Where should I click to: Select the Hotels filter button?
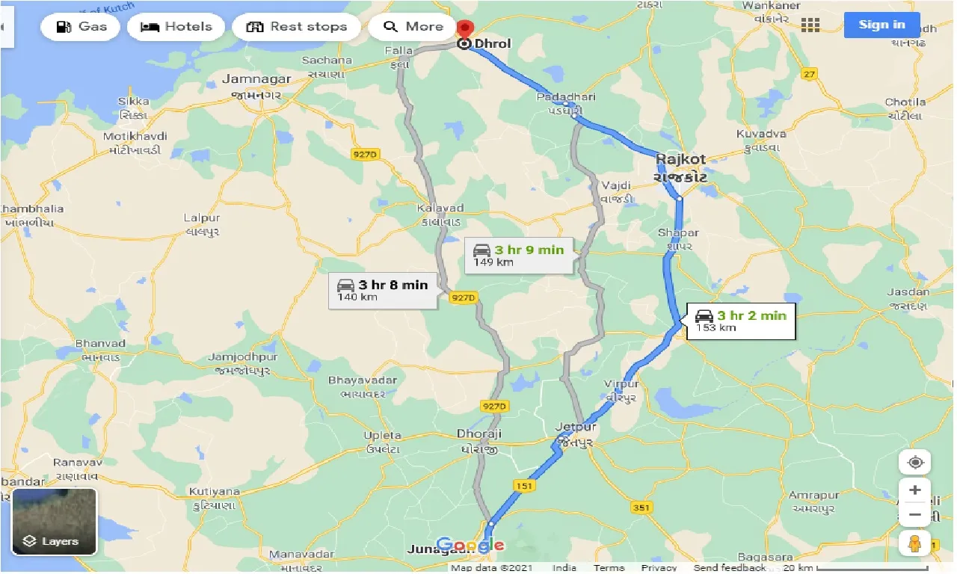176,27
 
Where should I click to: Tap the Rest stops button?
297,27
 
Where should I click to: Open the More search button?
413,27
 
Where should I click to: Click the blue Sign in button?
881,25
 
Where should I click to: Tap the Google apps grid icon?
810,25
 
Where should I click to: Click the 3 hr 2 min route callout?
740,321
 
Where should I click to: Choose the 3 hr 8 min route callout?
383,290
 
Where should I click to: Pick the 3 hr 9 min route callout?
519,255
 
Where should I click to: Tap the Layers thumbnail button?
55,522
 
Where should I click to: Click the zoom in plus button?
915,491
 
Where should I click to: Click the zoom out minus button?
915,515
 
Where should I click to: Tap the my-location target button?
915,462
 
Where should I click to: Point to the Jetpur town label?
576,428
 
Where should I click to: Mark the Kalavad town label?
441,209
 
